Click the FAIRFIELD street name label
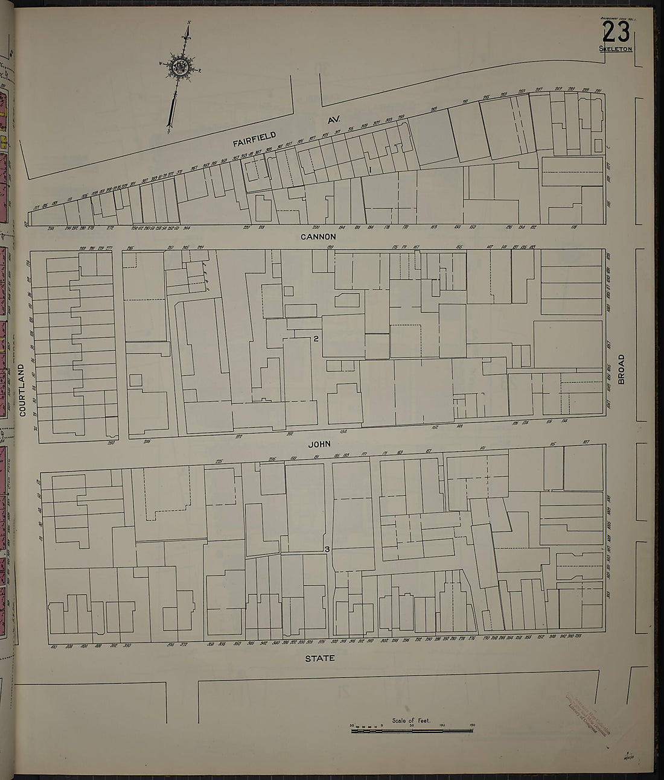(x=257, y=136)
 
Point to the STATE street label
(x=319, y=658)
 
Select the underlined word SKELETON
(x=615, y=49)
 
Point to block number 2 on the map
(x=316, y=338)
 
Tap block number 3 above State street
(x=327, y=550)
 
